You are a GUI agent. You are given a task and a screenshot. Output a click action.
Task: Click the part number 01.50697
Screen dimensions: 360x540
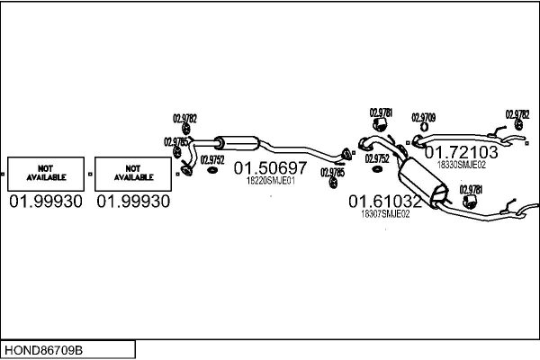coord(271,167)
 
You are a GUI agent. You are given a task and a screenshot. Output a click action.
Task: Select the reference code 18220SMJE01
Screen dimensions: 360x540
coord(271,180)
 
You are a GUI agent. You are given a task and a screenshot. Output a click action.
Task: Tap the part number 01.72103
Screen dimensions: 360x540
coord(461,152)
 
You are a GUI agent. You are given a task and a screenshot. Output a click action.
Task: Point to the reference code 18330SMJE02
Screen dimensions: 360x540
coord(461,165)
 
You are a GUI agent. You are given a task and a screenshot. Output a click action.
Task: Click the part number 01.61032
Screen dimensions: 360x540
coord(385,202)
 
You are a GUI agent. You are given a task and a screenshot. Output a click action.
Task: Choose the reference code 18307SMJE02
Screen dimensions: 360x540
coord(385,214)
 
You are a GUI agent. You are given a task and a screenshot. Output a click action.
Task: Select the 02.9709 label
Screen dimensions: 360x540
coord(424,117)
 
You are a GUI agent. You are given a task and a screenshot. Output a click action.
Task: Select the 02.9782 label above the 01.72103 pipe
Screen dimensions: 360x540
coord(517,114)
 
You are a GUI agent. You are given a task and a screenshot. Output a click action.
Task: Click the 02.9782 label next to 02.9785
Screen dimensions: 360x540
coord(184,117)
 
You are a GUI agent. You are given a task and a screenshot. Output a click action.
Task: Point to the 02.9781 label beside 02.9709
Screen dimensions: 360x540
coord(381,112)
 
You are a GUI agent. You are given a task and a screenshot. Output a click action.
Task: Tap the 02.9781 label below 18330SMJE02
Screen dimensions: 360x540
coord(471,189)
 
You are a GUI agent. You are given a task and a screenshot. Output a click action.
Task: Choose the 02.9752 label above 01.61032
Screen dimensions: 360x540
coord(376,158)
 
